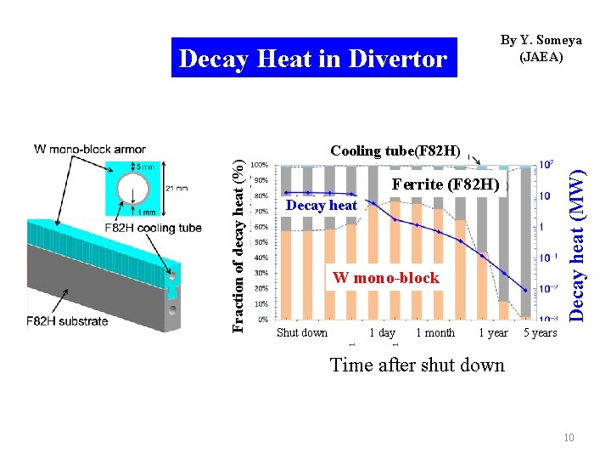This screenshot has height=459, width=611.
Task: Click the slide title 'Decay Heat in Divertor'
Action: pos(313,59)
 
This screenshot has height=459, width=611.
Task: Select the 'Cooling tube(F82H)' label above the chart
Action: pos(395,151)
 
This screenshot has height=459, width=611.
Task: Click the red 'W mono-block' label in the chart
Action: pos(386,278)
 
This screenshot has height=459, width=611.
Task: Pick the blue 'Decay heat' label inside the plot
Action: pos(322,205)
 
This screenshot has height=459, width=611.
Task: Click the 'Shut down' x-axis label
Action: pos(301,333)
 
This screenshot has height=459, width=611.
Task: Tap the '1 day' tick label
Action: pos(383,333)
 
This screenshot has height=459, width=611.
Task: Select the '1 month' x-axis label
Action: pos(434,333)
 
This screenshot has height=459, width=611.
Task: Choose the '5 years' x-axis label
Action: pos(540,333)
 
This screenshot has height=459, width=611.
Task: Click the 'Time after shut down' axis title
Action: pos(417,365)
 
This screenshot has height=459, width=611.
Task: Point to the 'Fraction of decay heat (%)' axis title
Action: pos(240,235)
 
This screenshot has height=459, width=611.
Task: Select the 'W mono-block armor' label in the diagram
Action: pos(90,150)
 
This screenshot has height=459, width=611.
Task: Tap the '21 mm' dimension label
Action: pos(177,189)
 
